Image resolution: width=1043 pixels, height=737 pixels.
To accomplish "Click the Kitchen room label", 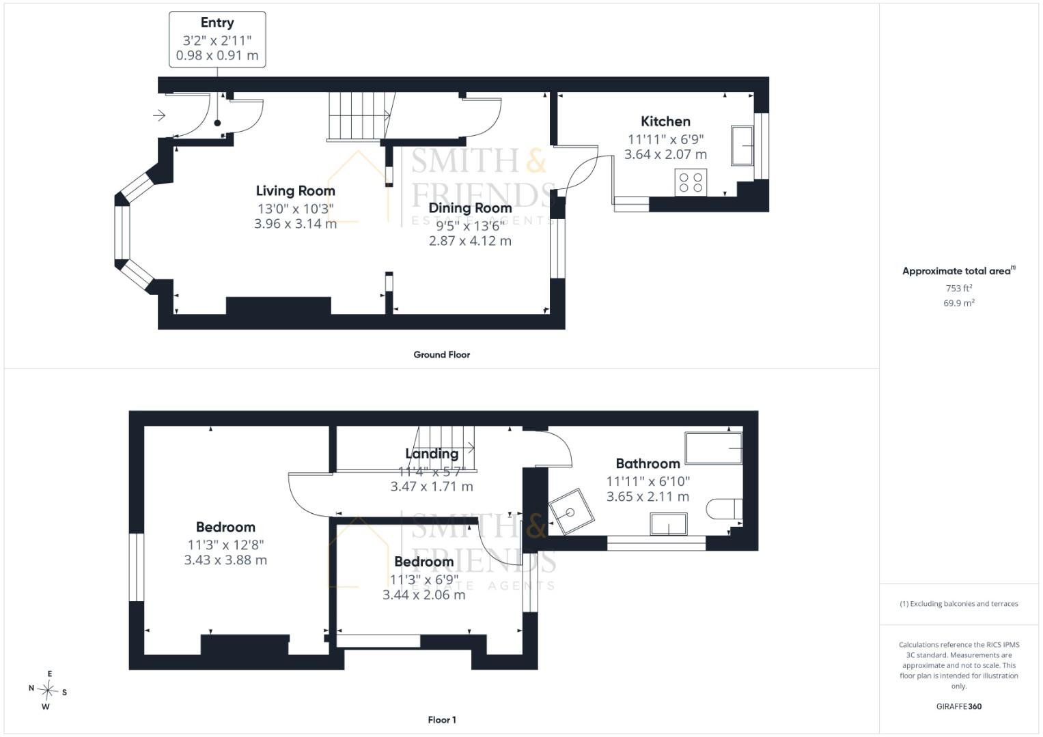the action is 665,121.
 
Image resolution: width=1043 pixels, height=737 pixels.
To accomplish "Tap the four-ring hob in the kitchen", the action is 691,182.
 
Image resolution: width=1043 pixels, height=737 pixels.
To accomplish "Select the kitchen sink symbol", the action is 742,145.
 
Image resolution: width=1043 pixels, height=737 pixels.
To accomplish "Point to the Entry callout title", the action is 217,23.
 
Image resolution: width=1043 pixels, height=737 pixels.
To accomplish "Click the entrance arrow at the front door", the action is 159,115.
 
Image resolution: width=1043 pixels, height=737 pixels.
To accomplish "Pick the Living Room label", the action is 295,191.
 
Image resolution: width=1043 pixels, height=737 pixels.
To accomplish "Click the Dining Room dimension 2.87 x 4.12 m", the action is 470,241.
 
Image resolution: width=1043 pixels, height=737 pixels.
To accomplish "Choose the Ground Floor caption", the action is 441,355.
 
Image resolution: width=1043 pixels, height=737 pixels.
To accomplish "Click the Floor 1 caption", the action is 442,720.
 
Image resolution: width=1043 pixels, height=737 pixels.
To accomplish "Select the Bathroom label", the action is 648,463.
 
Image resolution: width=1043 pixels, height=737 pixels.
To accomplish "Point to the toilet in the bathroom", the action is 724,509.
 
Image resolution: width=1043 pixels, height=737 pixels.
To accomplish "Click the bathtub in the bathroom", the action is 713,448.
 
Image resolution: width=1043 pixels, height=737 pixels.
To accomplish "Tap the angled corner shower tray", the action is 571,512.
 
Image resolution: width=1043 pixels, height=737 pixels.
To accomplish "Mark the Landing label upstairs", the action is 432,454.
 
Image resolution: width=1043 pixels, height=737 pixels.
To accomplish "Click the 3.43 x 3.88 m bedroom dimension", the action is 225,560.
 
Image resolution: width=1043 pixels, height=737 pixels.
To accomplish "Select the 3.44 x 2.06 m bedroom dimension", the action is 423,595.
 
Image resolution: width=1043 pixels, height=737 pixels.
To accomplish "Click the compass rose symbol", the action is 48,691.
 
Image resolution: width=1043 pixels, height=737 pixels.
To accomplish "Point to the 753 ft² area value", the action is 959,288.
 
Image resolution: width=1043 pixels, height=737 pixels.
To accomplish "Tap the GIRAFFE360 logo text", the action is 959,706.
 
